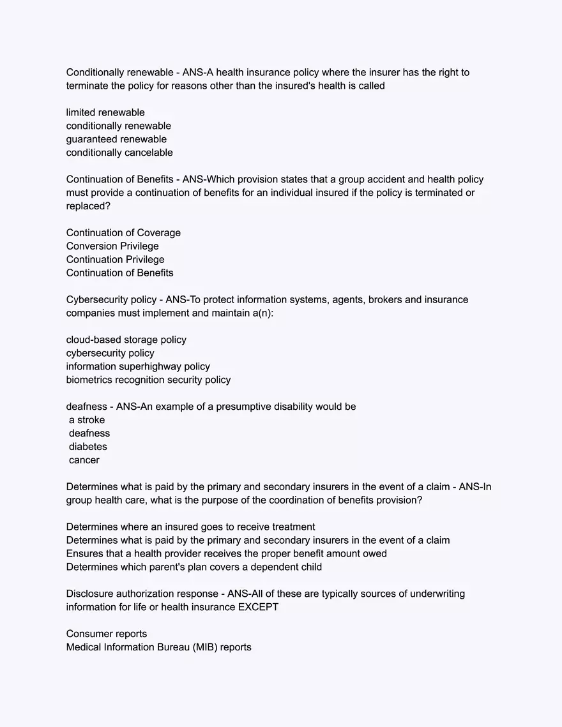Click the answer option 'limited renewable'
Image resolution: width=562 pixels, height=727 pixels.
pyautogui.click(x=105, y=112)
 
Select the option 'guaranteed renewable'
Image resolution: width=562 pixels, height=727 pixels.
pyautogui.click(x=116, y=139)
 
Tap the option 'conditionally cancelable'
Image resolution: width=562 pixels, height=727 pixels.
pyautogui.click(x=119, y=153)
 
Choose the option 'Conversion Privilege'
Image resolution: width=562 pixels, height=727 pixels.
pyautogui.click(x=112, y=246)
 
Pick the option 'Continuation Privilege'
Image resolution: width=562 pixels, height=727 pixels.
pyautogui.click(x=115, y=259)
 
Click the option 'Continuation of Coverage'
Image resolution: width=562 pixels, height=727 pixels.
pyautogui.click(x=123, y=232)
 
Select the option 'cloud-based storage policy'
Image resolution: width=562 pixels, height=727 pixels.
pyautogui.click(x=126, y=340)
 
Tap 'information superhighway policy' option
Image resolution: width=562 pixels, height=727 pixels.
pyautogui.click(x=138, y=366)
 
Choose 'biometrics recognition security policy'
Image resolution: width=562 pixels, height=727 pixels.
pyautogui.click(x=148, y=380)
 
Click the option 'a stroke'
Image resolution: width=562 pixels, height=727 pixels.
pyautogui.click(x=87, y=420)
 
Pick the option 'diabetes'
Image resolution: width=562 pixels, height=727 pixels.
pyautogui.click(x=88, y=447)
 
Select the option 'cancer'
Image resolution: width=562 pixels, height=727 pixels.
pyautogui.click(x=84, y=460)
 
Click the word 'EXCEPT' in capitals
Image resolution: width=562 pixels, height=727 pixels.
pyautogui.click(x=258, y=607)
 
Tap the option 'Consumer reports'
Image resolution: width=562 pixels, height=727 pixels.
pyautogui.click(x=107, y=634)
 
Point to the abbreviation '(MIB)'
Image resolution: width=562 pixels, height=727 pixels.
pyautogui.click(x=205, y=647)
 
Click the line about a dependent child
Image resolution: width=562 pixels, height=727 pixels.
pyautogui.click(x=194, y=567)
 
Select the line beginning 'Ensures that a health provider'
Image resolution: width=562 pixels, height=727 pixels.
pyautogui.click(x=227, y=553)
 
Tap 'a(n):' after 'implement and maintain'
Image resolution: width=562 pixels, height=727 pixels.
pyautogui.click(x=263, y=313)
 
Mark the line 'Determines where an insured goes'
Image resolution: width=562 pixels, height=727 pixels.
pyautogui.click(x=190, y=527)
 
